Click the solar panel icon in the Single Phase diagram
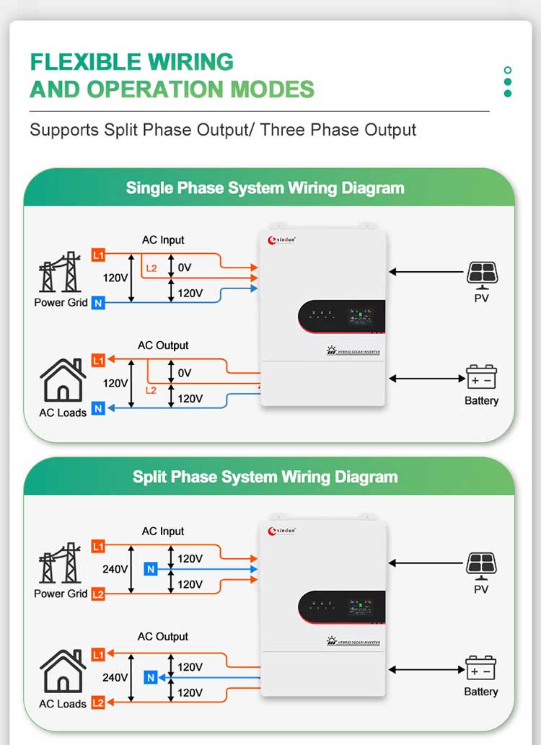tap(481, 273)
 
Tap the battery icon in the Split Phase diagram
tap(480, 669)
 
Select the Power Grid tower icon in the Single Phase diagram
tap(60, 273)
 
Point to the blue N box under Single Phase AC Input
tap(99, 303)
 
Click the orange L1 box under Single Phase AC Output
tap(99, 360)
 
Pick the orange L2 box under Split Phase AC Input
tap(99, 594)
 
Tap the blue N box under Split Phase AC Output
tap(150, 677)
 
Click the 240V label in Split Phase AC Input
tap(115, 569)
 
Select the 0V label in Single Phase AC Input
tap(184, 268)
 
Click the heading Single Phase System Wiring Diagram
tap(265, 188)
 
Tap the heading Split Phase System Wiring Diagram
tap(265, 477)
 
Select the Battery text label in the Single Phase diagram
tap(481, 400)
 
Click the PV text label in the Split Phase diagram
tap(481, 589)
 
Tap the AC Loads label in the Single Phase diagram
tap(63, 413)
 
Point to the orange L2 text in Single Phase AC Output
tap(151, 390)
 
